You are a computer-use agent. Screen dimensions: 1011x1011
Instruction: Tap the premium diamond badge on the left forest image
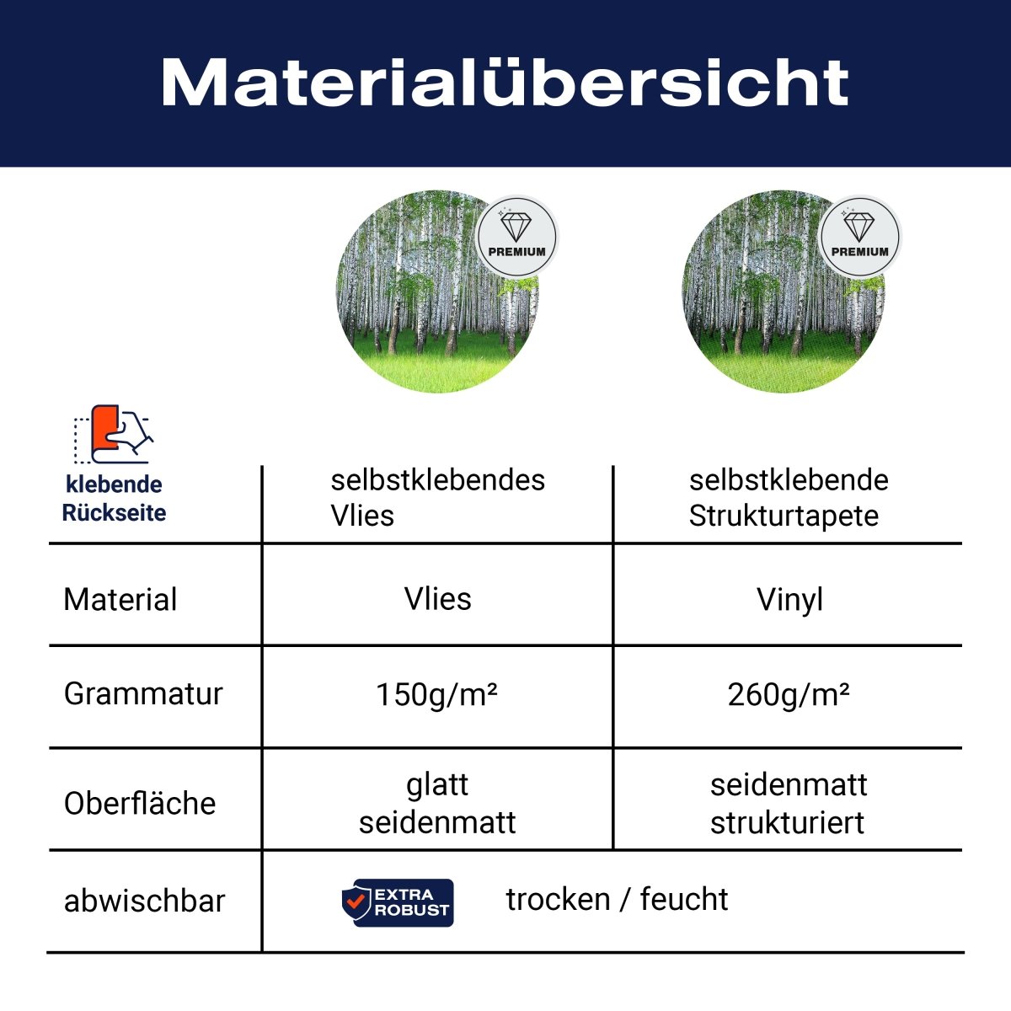pyautogui.click(x=516, y=234)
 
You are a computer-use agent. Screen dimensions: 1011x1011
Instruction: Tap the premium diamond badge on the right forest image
pyautogui.click(x=859, y=234)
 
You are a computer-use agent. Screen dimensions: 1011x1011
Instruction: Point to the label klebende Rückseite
pyautogui.click(x=114, y=498)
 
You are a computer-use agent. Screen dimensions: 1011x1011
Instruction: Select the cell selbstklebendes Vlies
pyautogui.click(x=437, y=497)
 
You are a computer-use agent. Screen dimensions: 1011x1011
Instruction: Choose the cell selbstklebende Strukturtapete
pyautogui.click(x=788, y=497)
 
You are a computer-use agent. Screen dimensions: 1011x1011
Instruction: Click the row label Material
pyautogui.click(x=120, y=600)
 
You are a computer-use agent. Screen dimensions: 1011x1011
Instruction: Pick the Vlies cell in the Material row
pyautogui.click(x=437, y=599)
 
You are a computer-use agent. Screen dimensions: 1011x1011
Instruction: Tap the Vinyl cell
pyautogui.click(x=789, y=600)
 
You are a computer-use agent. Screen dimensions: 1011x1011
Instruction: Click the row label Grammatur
pyautogui.click(x=143, y=693)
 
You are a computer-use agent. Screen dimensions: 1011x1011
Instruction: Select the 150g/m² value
pyautogui.click(x=436, y=694)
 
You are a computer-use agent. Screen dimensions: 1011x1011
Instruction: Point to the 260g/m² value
pyautogui.click(x=788, y=694)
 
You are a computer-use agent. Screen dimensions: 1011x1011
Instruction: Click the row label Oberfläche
pyautogui.click(x=140, y=803)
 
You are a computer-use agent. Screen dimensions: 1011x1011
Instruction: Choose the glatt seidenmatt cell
pyautogui.click(x=437, y=803)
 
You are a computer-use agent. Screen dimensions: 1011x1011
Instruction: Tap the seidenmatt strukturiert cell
pyautogui.click(x=788, y=803)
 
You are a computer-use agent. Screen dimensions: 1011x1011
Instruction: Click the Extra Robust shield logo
pyautogui.click(x=398, y=902)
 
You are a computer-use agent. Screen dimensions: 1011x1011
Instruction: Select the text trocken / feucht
pyautogui.click(x=617, y=899)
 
